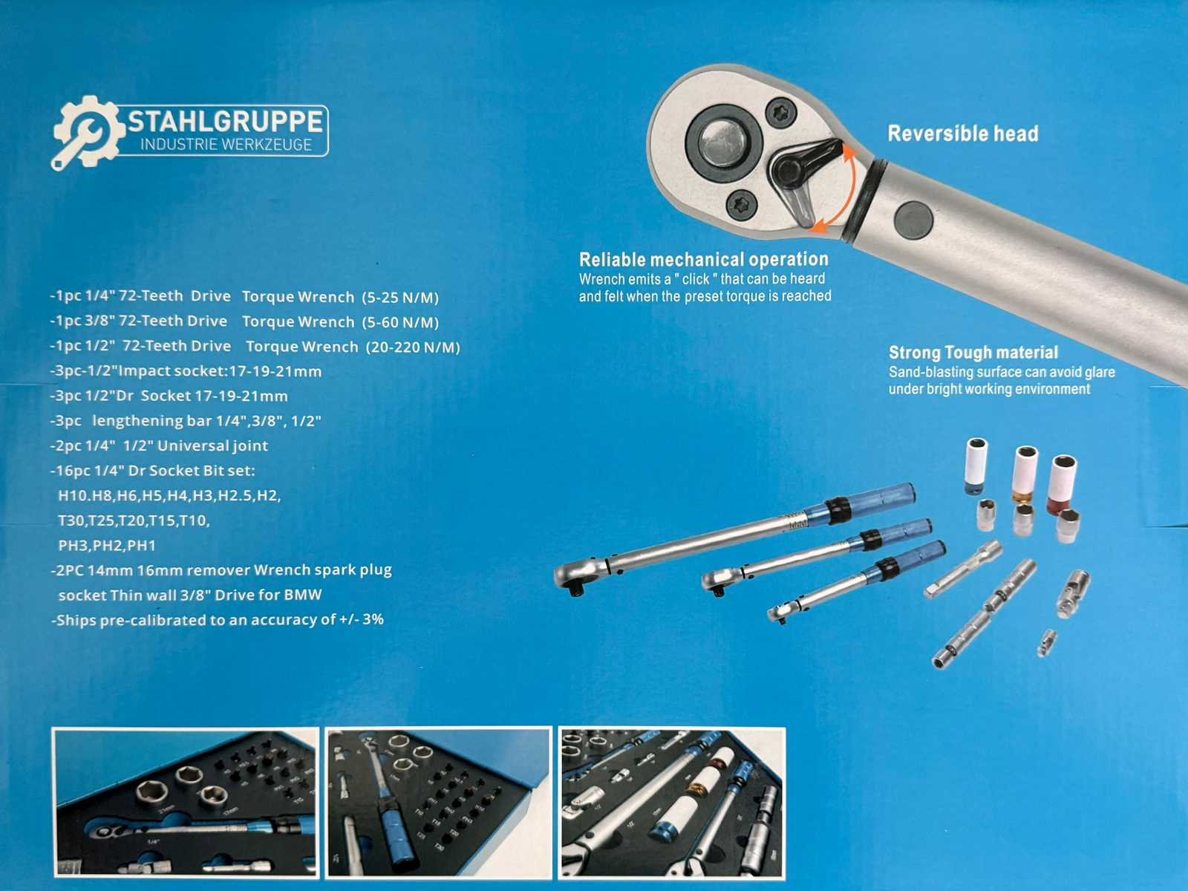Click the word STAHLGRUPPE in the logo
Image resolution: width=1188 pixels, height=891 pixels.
pyautogui.click(x=225, y=122)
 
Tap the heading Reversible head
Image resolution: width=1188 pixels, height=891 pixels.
pyautogui.click(x=963, y=134)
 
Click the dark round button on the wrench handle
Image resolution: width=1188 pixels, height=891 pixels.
pyautogui.click(x=913, y=221)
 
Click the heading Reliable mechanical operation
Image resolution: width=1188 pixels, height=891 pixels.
pyautogui.click(x=704, y=260)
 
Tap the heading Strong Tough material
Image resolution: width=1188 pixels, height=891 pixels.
pyautogui.click(x=973, y=353)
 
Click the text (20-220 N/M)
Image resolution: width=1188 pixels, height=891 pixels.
pyautogui.click(x=413, y=347)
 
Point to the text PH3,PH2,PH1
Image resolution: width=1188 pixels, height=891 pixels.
pyautogui.click(x=107, y=545)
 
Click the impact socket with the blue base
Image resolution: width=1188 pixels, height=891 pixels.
pyautogui.click(x=976, y=466)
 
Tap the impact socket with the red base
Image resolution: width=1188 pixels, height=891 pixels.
pyautogui.click(x=1062, y=484)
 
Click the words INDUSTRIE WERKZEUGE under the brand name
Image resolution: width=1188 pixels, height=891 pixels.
pyautogui.click(x=226, y=145)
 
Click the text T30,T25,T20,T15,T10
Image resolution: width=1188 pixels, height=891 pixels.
pyautogui.click(x=134, y=520)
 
